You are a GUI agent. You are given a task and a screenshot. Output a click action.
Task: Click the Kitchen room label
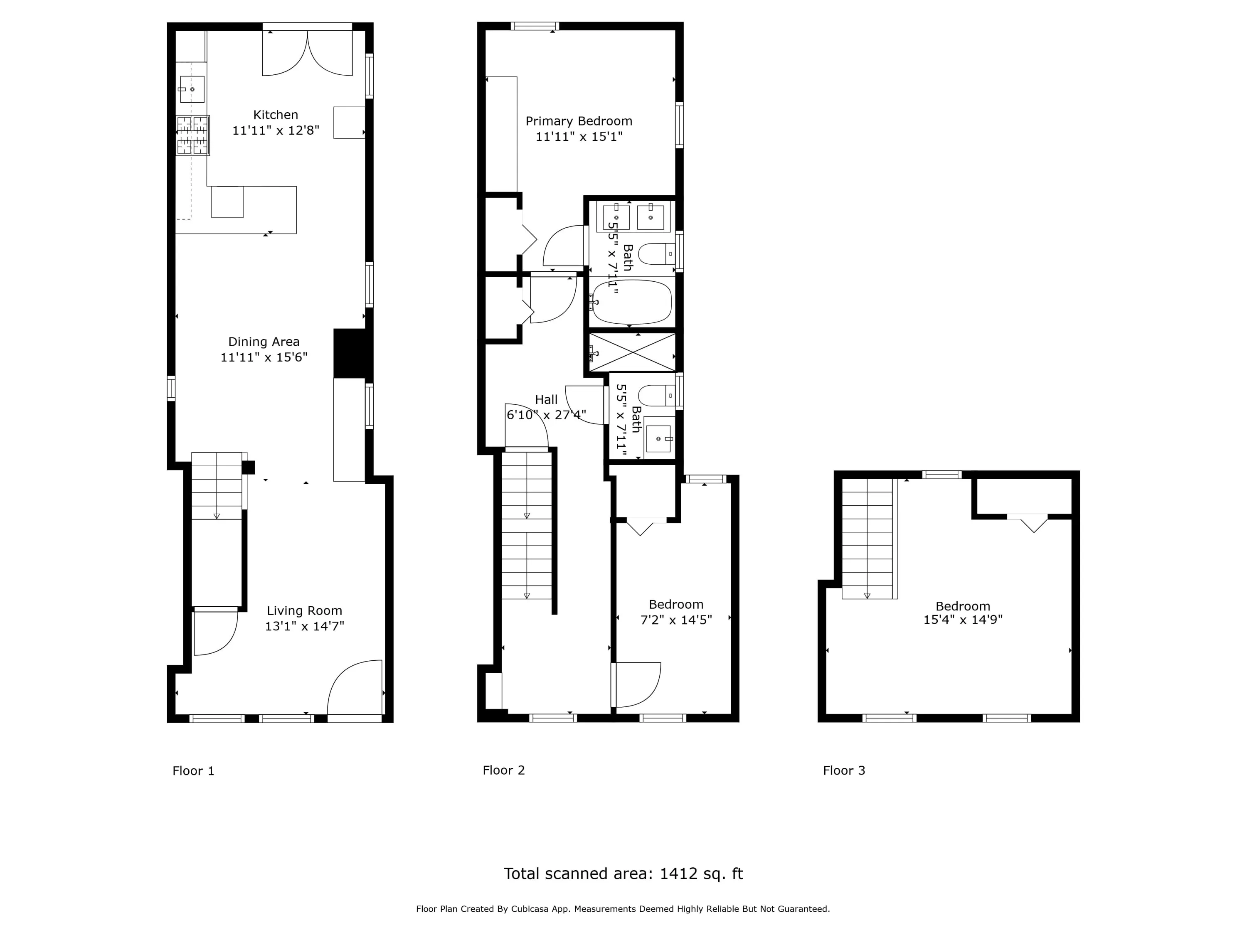pyautogui.click(x=276, y=115)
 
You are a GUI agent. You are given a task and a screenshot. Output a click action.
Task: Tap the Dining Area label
pyautogui.click(x=264, y=342)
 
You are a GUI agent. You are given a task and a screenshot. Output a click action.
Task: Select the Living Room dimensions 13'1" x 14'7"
pyautogui.click(x=304, y=626)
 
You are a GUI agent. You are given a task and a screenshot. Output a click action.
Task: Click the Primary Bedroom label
pyautogui.click(x=579, y=121)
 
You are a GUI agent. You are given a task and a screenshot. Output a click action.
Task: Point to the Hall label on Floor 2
pyautogui.click(x=546, y=400)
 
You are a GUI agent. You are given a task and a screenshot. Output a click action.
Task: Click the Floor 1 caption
pyautogui.click(x=193, y=771)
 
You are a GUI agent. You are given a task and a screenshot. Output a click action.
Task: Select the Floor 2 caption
pyautogui.click(x=503, y=770)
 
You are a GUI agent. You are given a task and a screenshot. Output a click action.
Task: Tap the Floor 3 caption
pyautogui.click(x=844, y=770)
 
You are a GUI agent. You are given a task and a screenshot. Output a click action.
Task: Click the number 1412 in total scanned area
pyautogui.click(x=679, y=873)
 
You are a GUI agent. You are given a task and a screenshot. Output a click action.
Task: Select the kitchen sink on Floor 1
pyautogui.click(x=192, y=89)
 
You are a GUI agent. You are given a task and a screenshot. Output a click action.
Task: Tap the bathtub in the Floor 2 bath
pyautogui.click(x=632, y=302)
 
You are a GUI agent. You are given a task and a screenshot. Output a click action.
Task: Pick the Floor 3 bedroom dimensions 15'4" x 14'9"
pyautogui.click(x=963, y=620)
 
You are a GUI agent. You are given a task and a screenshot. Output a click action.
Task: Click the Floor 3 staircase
pyautogui.click(x=868, y=538)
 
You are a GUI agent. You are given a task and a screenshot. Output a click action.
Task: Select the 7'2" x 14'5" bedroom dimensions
pyautogui.click(x=676, y=620)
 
